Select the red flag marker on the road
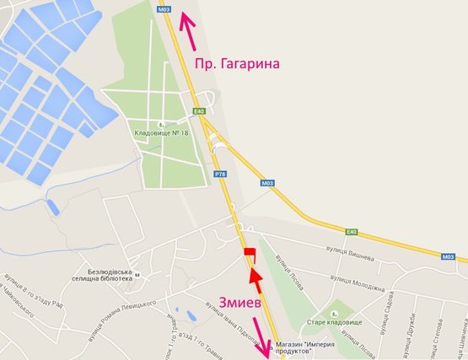point(248,254)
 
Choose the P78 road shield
point(220,174)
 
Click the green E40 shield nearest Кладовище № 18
point(199,111)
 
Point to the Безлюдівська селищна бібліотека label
point(116,277)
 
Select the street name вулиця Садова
point(390,316)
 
